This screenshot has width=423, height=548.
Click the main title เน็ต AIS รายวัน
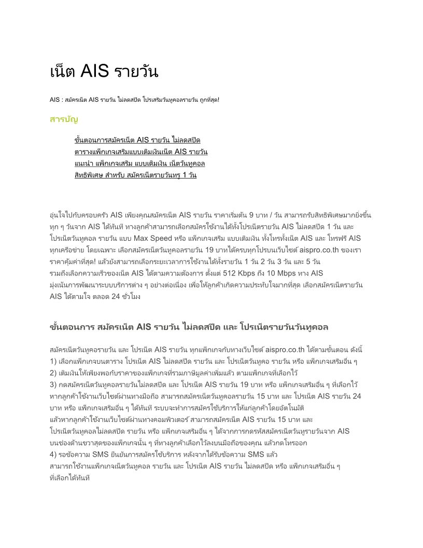pos(104,72)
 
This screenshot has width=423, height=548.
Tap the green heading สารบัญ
pos(64,120)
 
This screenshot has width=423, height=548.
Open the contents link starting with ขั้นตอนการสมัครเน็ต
pos(137,141)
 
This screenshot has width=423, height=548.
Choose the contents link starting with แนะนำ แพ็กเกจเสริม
pos(140,163)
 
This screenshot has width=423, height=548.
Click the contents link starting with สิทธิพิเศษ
pos(135,175)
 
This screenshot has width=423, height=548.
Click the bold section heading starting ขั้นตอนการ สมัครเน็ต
pos(189,327)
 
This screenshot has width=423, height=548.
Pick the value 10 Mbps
pos(296,273)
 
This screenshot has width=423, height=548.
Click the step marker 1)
pos(53,361)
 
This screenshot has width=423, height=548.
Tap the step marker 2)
pos(53,373)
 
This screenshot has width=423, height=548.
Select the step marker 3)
pos(53,385)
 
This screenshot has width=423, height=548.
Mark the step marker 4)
pos(53,455)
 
